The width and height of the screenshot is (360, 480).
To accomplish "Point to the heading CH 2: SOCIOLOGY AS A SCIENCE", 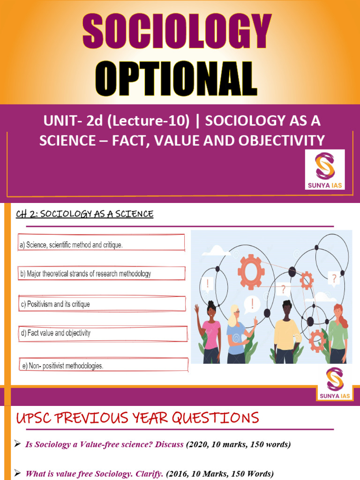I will [x=85, y=214].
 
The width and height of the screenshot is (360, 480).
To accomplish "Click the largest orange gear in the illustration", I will [x=251, y=272].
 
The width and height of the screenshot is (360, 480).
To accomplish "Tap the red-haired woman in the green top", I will [x=338, y=333].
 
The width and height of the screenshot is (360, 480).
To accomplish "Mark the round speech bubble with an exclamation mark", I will [x=252, y=304].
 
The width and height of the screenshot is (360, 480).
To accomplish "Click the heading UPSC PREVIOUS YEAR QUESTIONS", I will [x=137, y=417].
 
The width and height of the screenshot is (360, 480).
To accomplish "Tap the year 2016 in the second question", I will [x=179, y=473].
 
